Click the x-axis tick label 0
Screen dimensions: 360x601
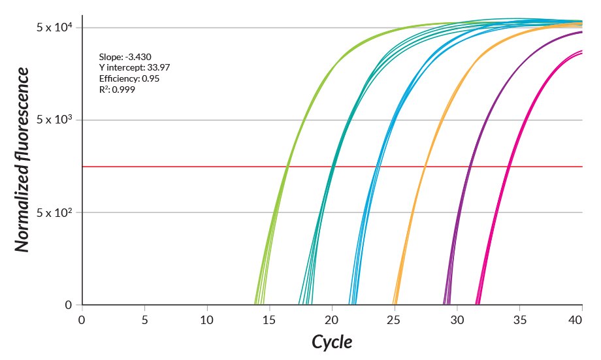pos(82,320)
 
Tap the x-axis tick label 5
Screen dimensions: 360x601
pos(144,320)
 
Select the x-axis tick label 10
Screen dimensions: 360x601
pos(207,320)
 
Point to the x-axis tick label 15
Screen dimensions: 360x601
pos(269,320)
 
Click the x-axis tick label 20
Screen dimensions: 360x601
pos(332,320)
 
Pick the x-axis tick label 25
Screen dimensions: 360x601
pos(395,320)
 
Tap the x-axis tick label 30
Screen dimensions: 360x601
pos(457,320)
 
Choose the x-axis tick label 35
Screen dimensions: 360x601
pos(519,320)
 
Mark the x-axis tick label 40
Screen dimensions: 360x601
pos(576,320)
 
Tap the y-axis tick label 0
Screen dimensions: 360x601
pos(69,305)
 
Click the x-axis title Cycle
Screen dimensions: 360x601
pos(331,342)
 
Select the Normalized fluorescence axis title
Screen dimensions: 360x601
pos(23,159)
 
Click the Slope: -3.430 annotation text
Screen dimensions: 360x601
pos(125,57)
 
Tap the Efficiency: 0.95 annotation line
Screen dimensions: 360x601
pos(129,78)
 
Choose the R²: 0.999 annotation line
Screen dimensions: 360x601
pos(117,89)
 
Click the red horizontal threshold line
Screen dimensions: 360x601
pos(196,167)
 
